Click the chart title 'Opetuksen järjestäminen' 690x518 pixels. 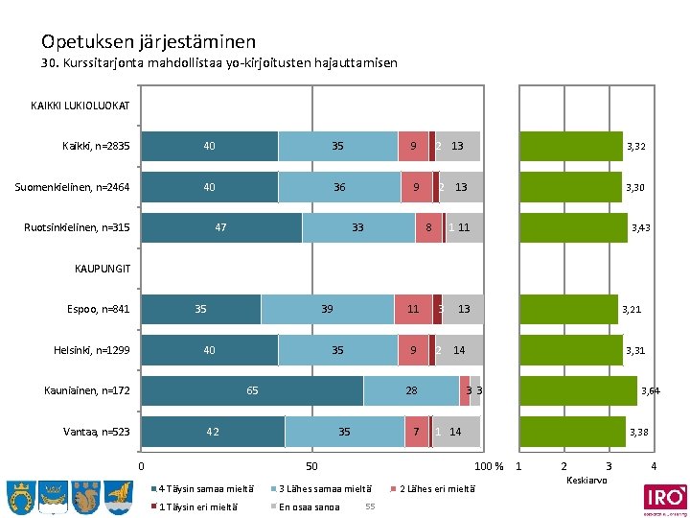(x=148, y=41)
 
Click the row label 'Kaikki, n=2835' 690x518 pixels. (x=96, y=146)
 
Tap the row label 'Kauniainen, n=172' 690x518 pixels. (x=87, y=390)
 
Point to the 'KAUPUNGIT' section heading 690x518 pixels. (x=102, y=268)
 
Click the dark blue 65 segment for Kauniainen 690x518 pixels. (x=252, y=390)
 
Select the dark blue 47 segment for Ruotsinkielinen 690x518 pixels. (x=221, y=227)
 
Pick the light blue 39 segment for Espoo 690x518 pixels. (x=327, y=309)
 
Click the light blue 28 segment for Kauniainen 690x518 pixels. (x=411, y=390)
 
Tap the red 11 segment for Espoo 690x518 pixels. (x=413, y=309)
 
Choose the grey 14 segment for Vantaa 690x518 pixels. (x=456, y=432)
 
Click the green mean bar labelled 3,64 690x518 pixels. (x=578, y=390)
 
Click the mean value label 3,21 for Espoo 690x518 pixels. (x=632, y=310)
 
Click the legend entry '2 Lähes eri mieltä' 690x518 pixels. (x=436, y=487)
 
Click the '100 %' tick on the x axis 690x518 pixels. (x=489, y=466)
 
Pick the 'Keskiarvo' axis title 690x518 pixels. (x=586, y=480)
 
